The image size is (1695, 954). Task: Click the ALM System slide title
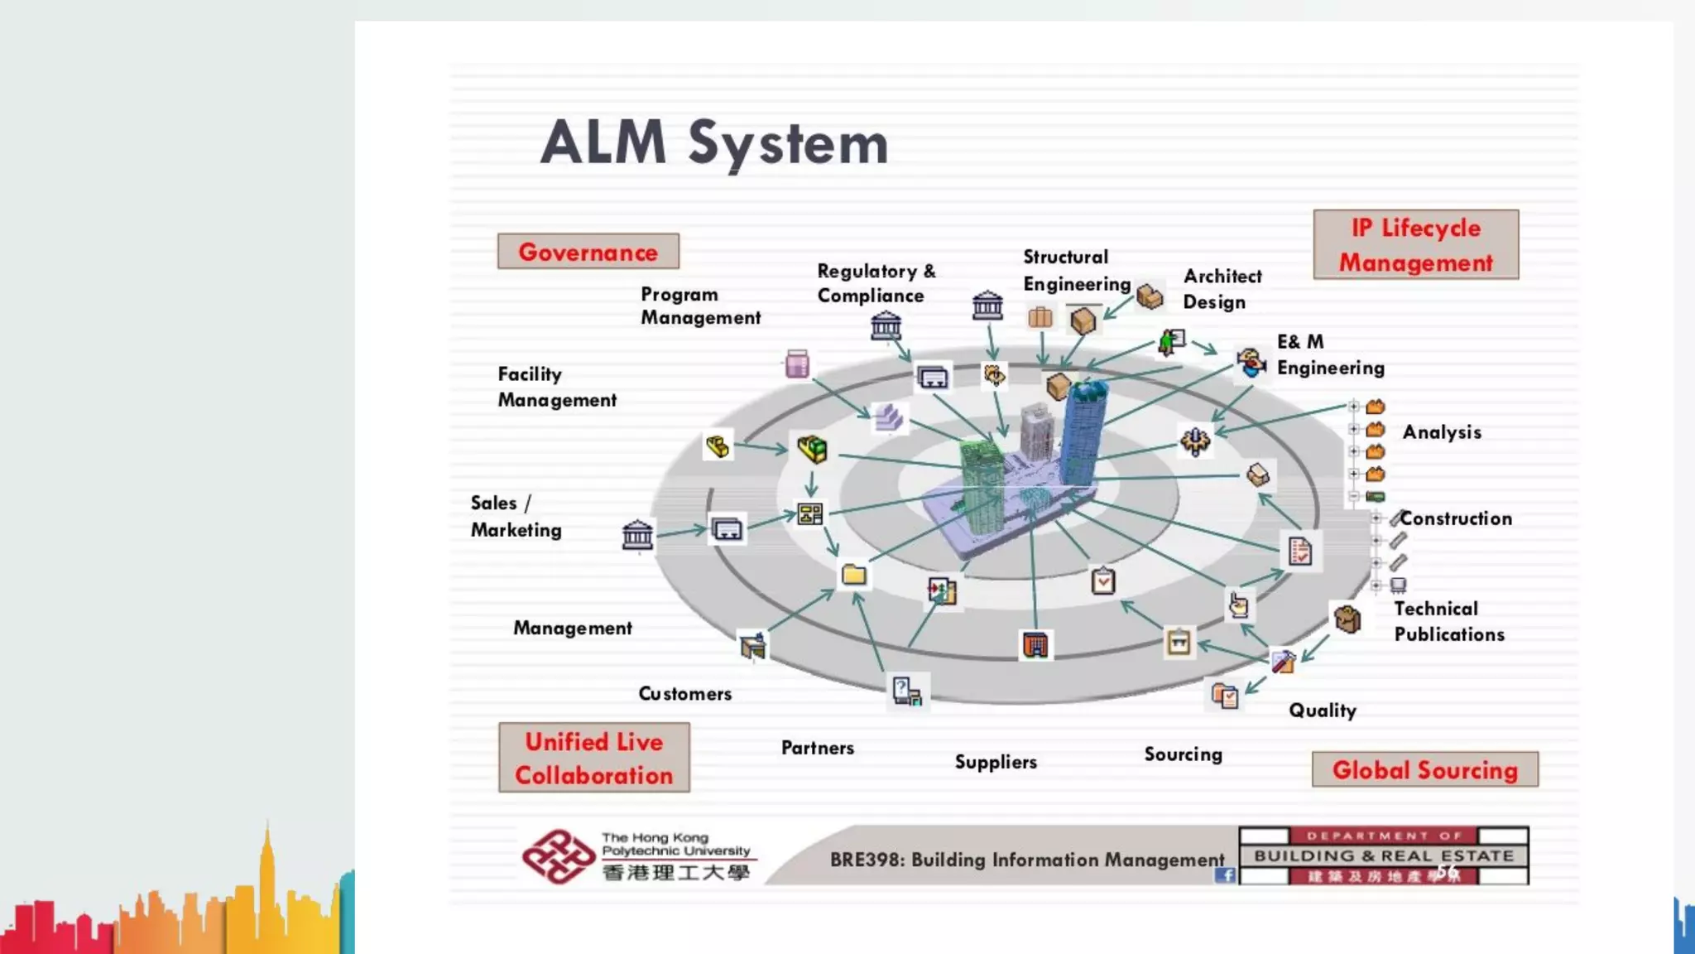pyautogui.click(x=713, y=143)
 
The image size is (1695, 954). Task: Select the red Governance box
pyautogui.click(x=588, y=252)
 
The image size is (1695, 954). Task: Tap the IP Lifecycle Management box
pyautogui.click(x=1415, y=245)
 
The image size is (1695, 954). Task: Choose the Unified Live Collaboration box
pyautogui.click(x=593, y=758)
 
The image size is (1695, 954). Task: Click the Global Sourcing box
pyautogui.click(x=1424, y=770)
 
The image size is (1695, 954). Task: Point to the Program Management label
pyautogui.click(x=699, y=306)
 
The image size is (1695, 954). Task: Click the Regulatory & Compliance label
pyautogui.click(x=876, y=283)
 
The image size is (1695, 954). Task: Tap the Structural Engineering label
pyautogui.click(x=1075, y=271)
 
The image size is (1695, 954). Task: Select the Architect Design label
pyautogui.click(x=1222, y=289)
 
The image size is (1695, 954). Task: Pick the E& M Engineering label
pyautogui.click(x=1329, y=355)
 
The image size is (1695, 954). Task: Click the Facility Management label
pyautogui.click(x=556, y=387)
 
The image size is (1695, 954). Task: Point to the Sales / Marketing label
pyautogui.click(x=515, y=517)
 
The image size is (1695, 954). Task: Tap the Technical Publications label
pyautogui.click(x=1448, y=622)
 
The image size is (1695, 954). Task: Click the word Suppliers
pyautogui.click(x=995, y=762)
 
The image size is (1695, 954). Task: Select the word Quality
pyautogui.click(x=1322, y=711)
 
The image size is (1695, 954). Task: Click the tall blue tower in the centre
pyautogui.click(x=1083, y=435)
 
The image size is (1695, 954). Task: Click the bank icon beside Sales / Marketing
pyautogui.click(x=637, y=536)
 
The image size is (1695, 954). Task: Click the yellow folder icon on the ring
pyautogui.click(x=853, y=575)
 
